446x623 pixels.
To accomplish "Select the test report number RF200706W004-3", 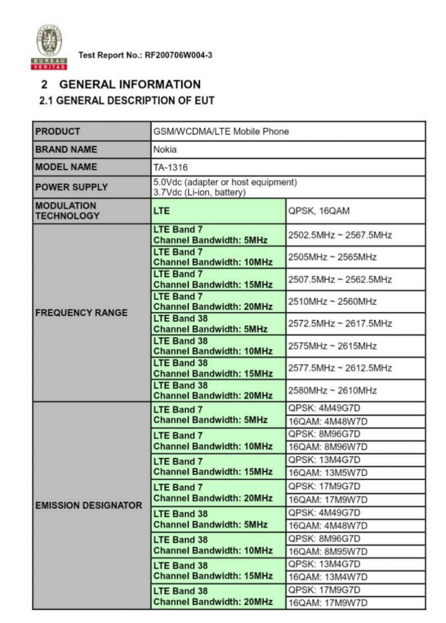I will [178, 55].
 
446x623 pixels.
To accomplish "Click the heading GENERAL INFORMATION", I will [129, 84].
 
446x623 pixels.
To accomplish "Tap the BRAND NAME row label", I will [66, 149].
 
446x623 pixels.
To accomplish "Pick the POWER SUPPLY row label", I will [71, 187].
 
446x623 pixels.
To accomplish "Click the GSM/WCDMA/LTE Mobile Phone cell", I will [221, 132].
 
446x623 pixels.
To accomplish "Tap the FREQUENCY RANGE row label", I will [81, 313].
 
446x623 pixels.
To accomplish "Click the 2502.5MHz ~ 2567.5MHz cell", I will [340, 235].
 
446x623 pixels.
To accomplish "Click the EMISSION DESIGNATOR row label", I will [89, 506].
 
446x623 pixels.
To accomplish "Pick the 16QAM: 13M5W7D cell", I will [328, 473].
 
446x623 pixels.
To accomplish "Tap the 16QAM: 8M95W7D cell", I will [328, 551].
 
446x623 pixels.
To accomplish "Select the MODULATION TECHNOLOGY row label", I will [66, 210].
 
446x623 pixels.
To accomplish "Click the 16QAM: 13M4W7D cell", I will [328, 577].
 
